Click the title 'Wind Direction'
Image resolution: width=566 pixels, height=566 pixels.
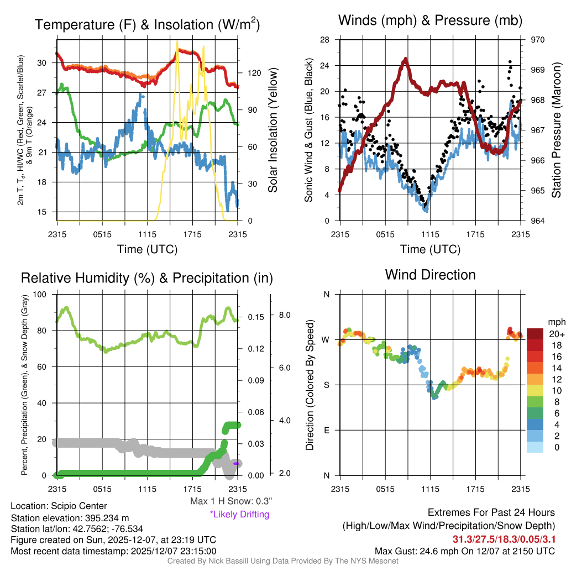pyautogui.click(x=430, y=275)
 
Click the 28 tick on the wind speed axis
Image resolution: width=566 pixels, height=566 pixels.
pyautogui.click(x=325, y=40)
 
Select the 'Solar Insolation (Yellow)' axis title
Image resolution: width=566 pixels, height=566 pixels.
pyautogui.click(x=273, y=130)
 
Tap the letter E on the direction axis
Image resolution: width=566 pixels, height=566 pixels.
pyautogui.click(x=326, y=430)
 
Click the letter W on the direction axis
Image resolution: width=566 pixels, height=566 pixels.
pyautogui.click(x=326, y=339)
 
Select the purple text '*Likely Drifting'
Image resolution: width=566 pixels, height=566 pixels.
pyautogui.click(x=239, y=515)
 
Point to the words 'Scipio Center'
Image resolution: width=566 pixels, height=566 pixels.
pyautogui.click(x=79, y=506)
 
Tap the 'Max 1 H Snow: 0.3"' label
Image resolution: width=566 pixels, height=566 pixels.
pyautogui.click(x=230, y=501)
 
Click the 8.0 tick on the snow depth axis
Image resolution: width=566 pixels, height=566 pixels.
pyautogui.click(x=285, y=315)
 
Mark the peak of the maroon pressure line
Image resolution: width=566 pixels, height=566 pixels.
pyautogui.click(x=406, y=59)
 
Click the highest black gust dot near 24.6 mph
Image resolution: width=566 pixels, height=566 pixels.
pyautogui.click(x=510, y=62)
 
